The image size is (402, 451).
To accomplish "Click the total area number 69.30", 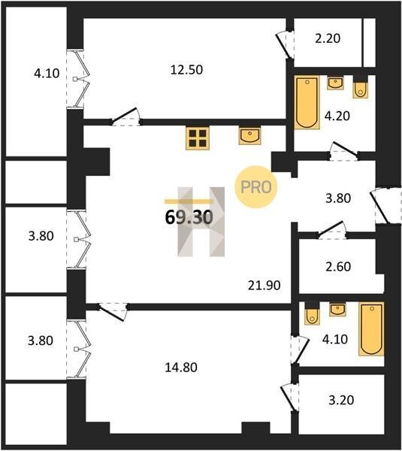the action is (x=189, y=217).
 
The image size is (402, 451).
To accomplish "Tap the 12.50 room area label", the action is (x=186, y=70).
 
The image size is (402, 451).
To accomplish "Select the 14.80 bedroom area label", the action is (x=181, y=368).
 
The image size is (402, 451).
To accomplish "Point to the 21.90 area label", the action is (x=264, y=286).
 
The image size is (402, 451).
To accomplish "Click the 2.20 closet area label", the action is (x=328, y=38).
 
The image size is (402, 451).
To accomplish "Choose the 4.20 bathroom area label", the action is (x=337, y=116).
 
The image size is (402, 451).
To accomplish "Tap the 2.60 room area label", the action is (x=338, y=267).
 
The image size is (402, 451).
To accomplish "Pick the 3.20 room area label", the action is (x=341, y=400).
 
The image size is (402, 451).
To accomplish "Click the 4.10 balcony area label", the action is (x=47, y=73).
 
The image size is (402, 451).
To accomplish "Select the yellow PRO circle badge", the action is (x=255, y=187).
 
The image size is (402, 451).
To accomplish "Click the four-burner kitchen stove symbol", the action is (x=198, y=138).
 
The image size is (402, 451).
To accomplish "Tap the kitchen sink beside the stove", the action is (x=250, y=136).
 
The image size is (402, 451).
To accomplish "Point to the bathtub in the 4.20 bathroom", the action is (x=307, y=102).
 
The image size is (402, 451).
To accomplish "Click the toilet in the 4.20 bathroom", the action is (x=361, y=88).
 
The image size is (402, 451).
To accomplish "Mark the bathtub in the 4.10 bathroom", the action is (x=371, y=328).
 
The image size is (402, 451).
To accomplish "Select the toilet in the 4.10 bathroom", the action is (x=312, y=313).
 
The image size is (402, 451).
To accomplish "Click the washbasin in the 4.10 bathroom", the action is (x=337, y=309).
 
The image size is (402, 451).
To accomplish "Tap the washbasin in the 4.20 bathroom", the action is (x=335, y=83).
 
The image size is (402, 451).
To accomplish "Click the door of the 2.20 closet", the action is (x=285, y=44).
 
